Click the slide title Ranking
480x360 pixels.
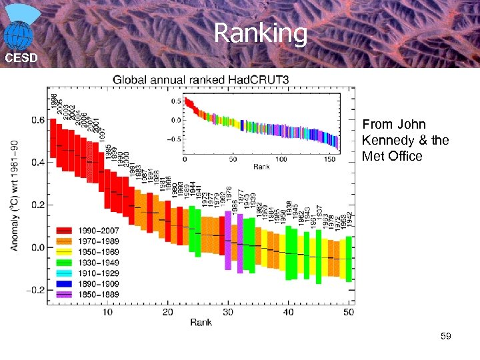click(261, 33)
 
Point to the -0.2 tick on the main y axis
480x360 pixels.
click(35, 290)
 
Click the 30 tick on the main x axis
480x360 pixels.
click(228, 312)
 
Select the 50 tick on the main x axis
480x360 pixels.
click(348, 312)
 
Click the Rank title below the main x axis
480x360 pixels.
click(201, 323)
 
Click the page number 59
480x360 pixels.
click(445, 337)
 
